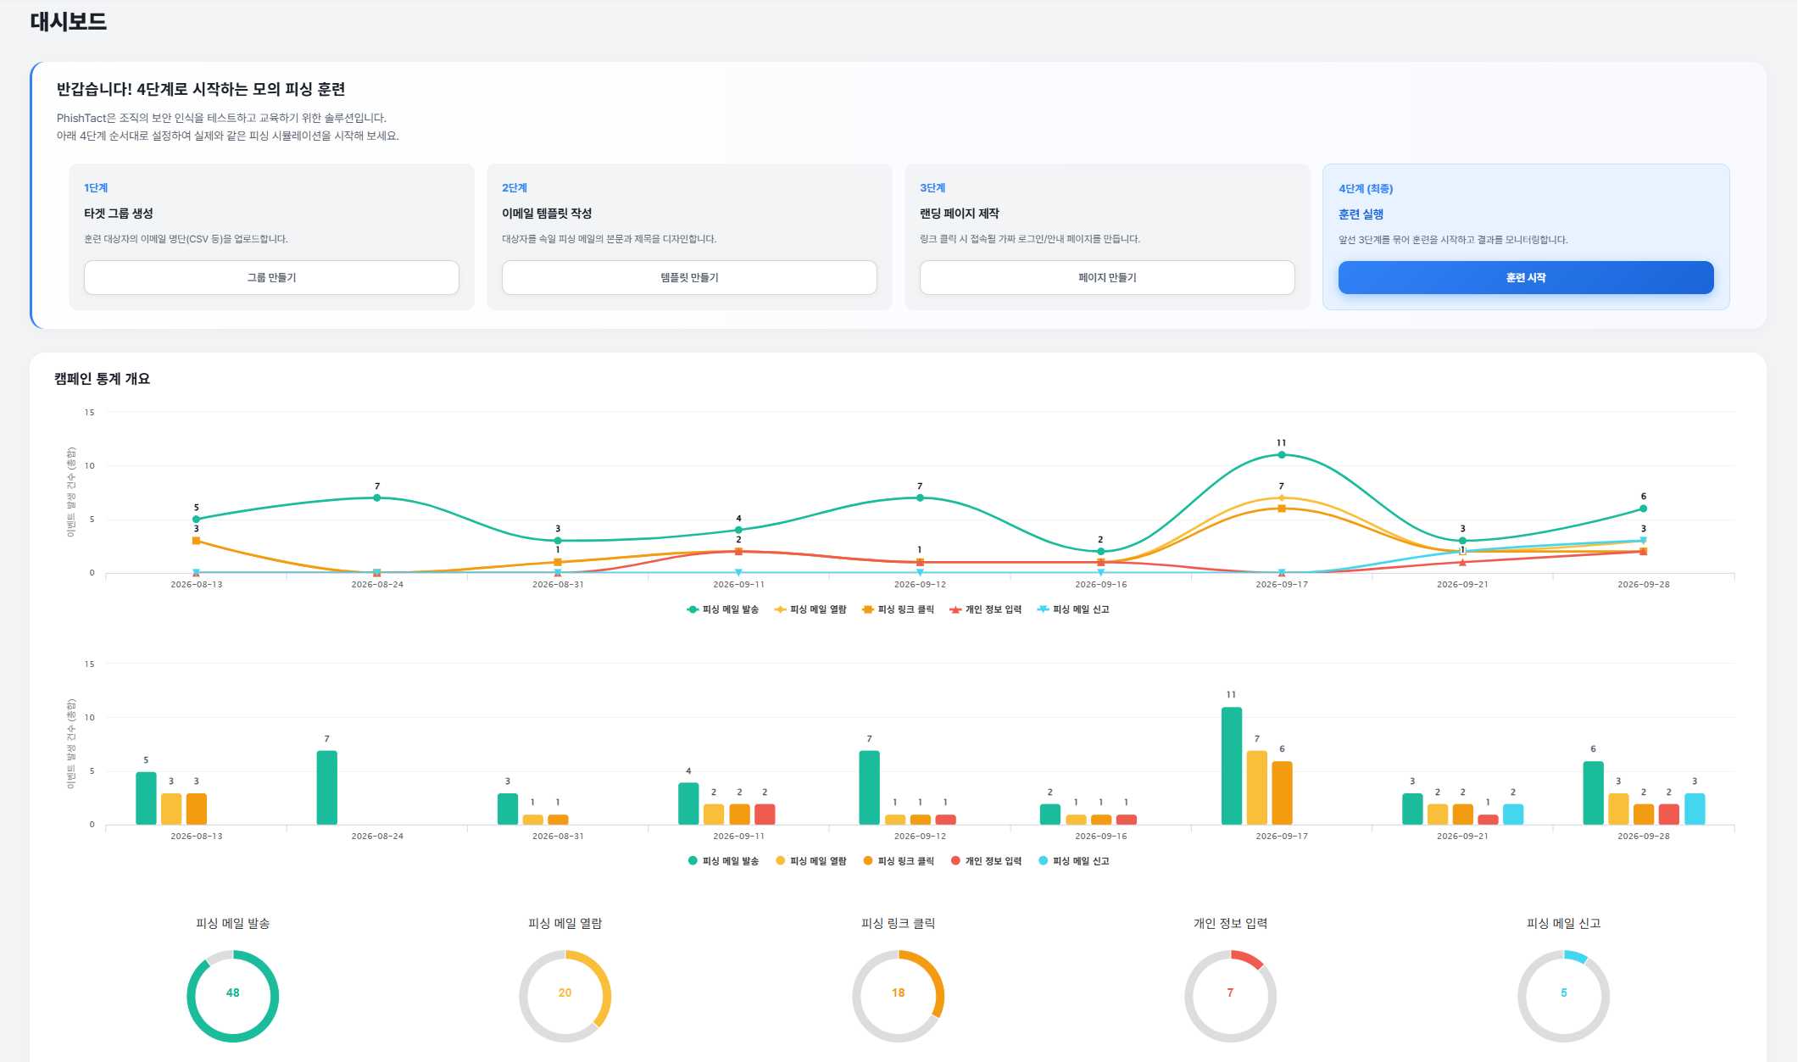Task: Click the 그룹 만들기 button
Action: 271,277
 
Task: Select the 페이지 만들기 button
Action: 1107,277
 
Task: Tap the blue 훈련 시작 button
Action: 1526,277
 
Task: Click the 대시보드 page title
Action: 69,21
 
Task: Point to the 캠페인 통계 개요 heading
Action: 102,379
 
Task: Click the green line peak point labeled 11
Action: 1282,455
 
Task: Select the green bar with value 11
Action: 1232,766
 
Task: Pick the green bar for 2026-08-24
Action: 327,787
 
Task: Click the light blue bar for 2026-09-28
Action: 1695,809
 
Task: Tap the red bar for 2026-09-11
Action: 765,814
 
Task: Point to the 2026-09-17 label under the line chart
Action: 1282,584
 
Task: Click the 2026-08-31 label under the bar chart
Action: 558,836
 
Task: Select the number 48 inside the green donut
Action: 233,992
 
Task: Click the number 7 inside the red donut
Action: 1230,992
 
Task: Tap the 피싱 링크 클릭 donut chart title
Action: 898,923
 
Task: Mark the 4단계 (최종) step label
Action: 1366,188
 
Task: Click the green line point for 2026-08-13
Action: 197,519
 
